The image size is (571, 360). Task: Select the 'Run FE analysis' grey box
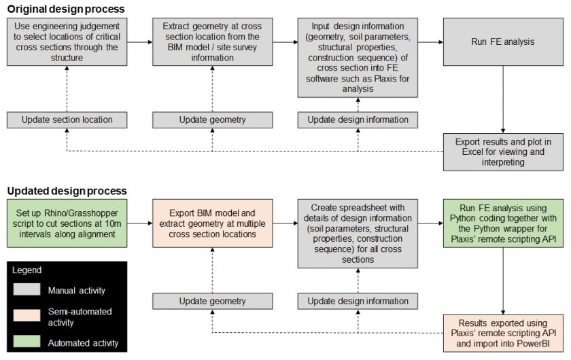[x=503, y=42]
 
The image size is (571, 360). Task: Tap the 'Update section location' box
[x=66, y=120]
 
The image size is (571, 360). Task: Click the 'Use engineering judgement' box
[x=66, y=42]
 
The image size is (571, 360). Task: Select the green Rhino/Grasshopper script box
[x=66, y=223]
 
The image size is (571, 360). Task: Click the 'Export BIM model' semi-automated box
[x=211, y=223]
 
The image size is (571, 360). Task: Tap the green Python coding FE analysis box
[x=503, y=223]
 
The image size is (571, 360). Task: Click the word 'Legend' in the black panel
[x=27, y=270]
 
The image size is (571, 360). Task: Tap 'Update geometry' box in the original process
[x=211, y=120]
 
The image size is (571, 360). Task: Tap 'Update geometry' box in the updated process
[x=211, y=300]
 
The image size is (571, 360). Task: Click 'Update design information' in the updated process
[x=358, y=300]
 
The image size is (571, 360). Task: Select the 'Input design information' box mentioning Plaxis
[x=358, y=58]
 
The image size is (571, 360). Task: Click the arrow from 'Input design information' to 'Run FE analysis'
[x=430, y=42]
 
